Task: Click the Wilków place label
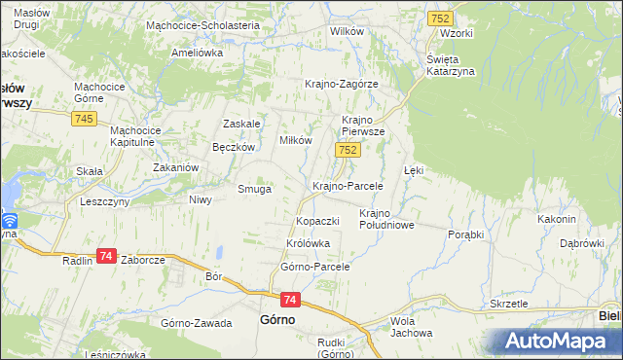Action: coord(347,31)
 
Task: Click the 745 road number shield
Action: coord(83,118)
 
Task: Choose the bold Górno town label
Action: coord(279,319)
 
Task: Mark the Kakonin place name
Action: coord(558,219)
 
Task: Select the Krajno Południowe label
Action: coord(387,219)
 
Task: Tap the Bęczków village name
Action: coord(234,147)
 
